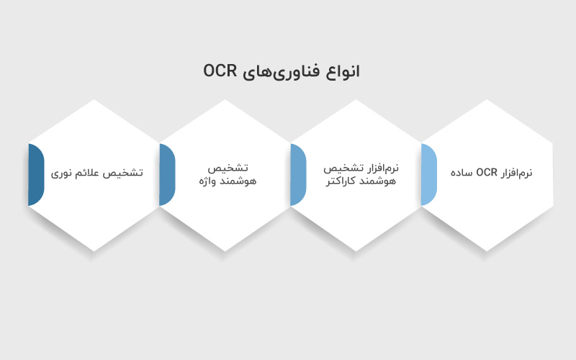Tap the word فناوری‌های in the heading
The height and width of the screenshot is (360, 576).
[x=287, y=71]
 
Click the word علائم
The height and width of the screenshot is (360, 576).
[x=89, y=174]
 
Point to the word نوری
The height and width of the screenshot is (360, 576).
[x=62, y=174]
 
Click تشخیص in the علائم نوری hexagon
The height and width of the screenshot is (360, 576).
[x=125, y=174]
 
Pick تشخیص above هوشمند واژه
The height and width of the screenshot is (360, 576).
[x=227, y=168]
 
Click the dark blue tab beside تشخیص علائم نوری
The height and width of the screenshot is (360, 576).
[x=35, y=175]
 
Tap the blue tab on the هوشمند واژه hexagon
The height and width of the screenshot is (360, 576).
[x=166, y=175]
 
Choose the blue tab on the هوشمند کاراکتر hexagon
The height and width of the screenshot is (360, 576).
[x=297, y=175]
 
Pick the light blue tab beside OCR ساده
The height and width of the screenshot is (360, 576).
[x=428, y=175]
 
